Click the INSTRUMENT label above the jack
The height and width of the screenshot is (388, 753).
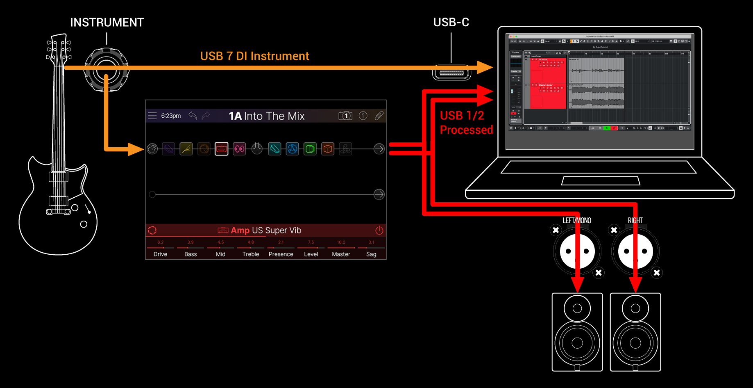click(107, 23)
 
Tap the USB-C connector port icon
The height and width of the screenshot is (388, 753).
click(451, 73)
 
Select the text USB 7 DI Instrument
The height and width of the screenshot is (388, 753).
click(254, 56)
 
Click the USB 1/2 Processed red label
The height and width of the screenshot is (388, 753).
click(466, 123)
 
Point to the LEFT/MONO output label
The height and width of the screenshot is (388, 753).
click(576, 221)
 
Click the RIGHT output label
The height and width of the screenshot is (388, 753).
click(635, 221)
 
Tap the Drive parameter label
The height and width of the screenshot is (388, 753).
click(160, 254)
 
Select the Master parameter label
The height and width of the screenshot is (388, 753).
click(341, 254)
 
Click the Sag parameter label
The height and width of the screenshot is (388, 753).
click(371, 254)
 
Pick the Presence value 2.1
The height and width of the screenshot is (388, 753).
click(281, 242)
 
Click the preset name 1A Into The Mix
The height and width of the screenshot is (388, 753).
click(267, 116)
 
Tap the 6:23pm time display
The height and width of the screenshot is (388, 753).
click(171, 116)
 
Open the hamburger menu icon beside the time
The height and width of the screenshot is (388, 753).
click(152, 116)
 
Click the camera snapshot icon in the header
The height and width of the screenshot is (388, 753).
click(345, 116)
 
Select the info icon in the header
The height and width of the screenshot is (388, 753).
click(363, 116)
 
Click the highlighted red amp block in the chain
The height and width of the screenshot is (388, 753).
click(222, 149)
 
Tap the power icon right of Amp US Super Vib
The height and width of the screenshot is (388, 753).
click(379, 230)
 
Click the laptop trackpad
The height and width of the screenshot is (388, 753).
click(601, 181)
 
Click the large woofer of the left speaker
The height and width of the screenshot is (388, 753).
click(577, 343)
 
